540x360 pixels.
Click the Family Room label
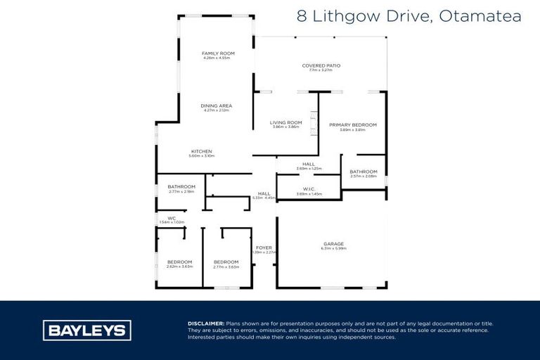(x=218, y=53)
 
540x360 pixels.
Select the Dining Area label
(x=216, y=106)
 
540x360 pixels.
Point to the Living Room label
(x=285, y=122)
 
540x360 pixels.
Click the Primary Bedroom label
(x=353, y=125)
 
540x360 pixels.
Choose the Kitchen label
(x=202, y=151)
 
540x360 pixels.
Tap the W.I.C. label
(x=309, y=188)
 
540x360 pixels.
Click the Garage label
(x=333, y=244)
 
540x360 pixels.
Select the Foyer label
(x=264, y=247)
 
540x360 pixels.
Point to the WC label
(x=171, y=218)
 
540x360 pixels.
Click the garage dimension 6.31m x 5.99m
(x=333, y=249)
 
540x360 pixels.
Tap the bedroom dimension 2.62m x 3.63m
(x=179, y=266)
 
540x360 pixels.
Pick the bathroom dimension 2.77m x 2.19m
(x=181, y=191)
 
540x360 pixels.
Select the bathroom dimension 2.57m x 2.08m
(x=364, y=176)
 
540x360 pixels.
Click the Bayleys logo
(x=87, y=330)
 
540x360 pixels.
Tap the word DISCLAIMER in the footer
(x=206, y=323)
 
